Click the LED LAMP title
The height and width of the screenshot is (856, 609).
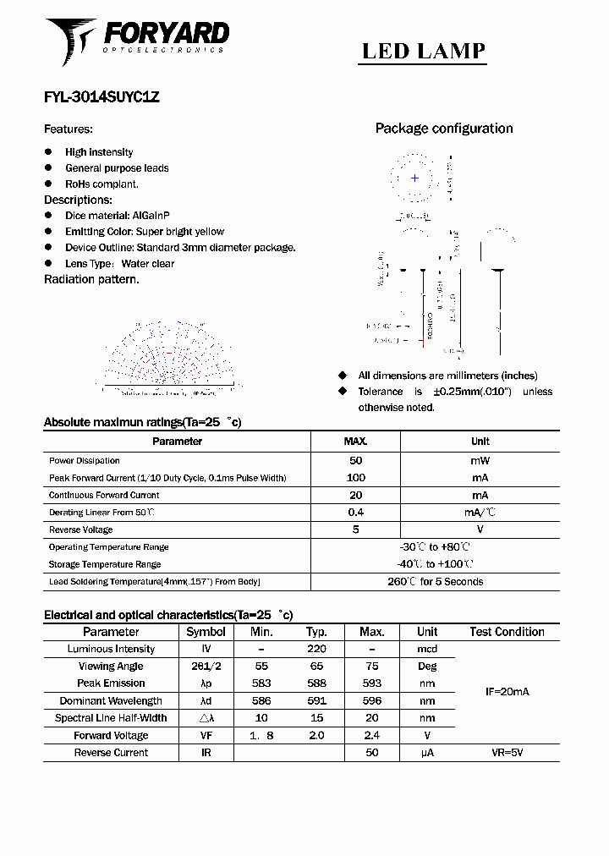[424, 51]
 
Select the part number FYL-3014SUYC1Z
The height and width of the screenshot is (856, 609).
[101, 96]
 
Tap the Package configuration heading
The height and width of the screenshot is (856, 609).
[444, 129]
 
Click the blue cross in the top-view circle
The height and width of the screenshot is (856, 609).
[414, 178]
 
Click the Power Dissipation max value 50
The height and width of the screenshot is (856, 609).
[355, 461]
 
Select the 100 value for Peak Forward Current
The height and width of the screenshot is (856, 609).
[355, 478]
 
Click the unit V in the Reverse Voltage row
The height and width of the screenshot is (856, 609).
[480, 530]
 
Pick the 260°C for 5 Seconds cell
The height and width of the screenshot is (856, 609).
[435, 582]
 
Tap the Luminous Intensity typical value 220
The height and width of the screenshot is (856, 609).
[317, 649]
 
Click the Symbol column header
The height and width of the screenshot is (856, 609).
[206, 632]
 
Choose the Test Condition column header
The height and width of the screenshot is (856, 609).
[507, 632]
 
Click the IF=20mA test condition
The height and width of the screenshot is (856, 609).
[507, 692]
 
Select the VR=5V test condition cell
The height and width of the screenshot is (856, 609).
[507, 752]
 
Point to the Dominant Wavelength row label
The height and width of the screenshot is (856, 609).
[111, 700]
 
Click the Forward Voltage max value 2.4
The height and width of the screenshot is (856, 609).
[371, 735]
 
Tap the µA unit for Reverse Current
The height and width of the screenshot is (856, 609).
[427, 752]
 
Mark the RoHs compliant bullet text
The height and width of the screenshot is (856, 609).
[101, 184]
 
